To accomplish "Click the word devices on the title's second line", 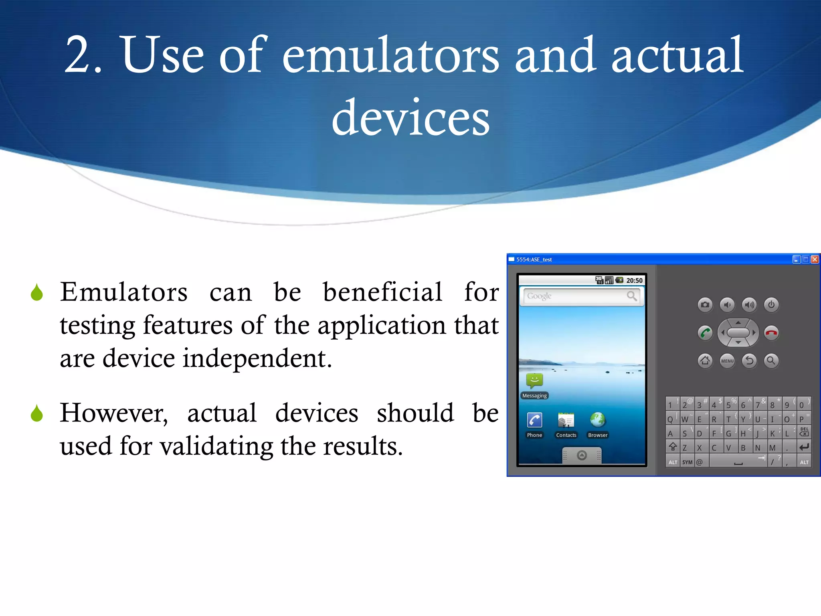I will click(x=410, y=118).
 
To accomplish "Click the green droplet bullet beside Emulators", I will click(x=37, y=292).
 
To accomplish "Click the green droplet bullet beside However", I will click(x=37, y=413).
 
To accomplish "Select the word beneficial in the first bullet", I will click(x=382, y=292).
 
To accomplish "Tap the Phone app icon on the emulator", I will click(x=534, y=420).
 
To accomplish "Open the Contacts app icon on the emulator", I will click(x=566, y=420).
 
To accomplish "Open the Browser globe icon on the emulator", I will click(x=597, y=420).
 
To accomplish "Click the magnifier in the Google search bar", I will click(x=631, y=296).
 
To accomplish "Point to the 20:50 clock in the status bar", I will click(x=634, y=280).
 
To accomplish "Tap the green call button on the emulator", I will click(x=705, y=332).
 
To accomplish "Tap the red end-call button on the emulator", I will click(x=771, y=332).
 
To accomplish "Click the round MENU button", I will click(x=727, y=361).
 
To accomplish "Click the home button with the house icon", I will click(x=705, y=361).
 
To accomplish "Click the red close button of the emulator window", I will click(x=815, y=259).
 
